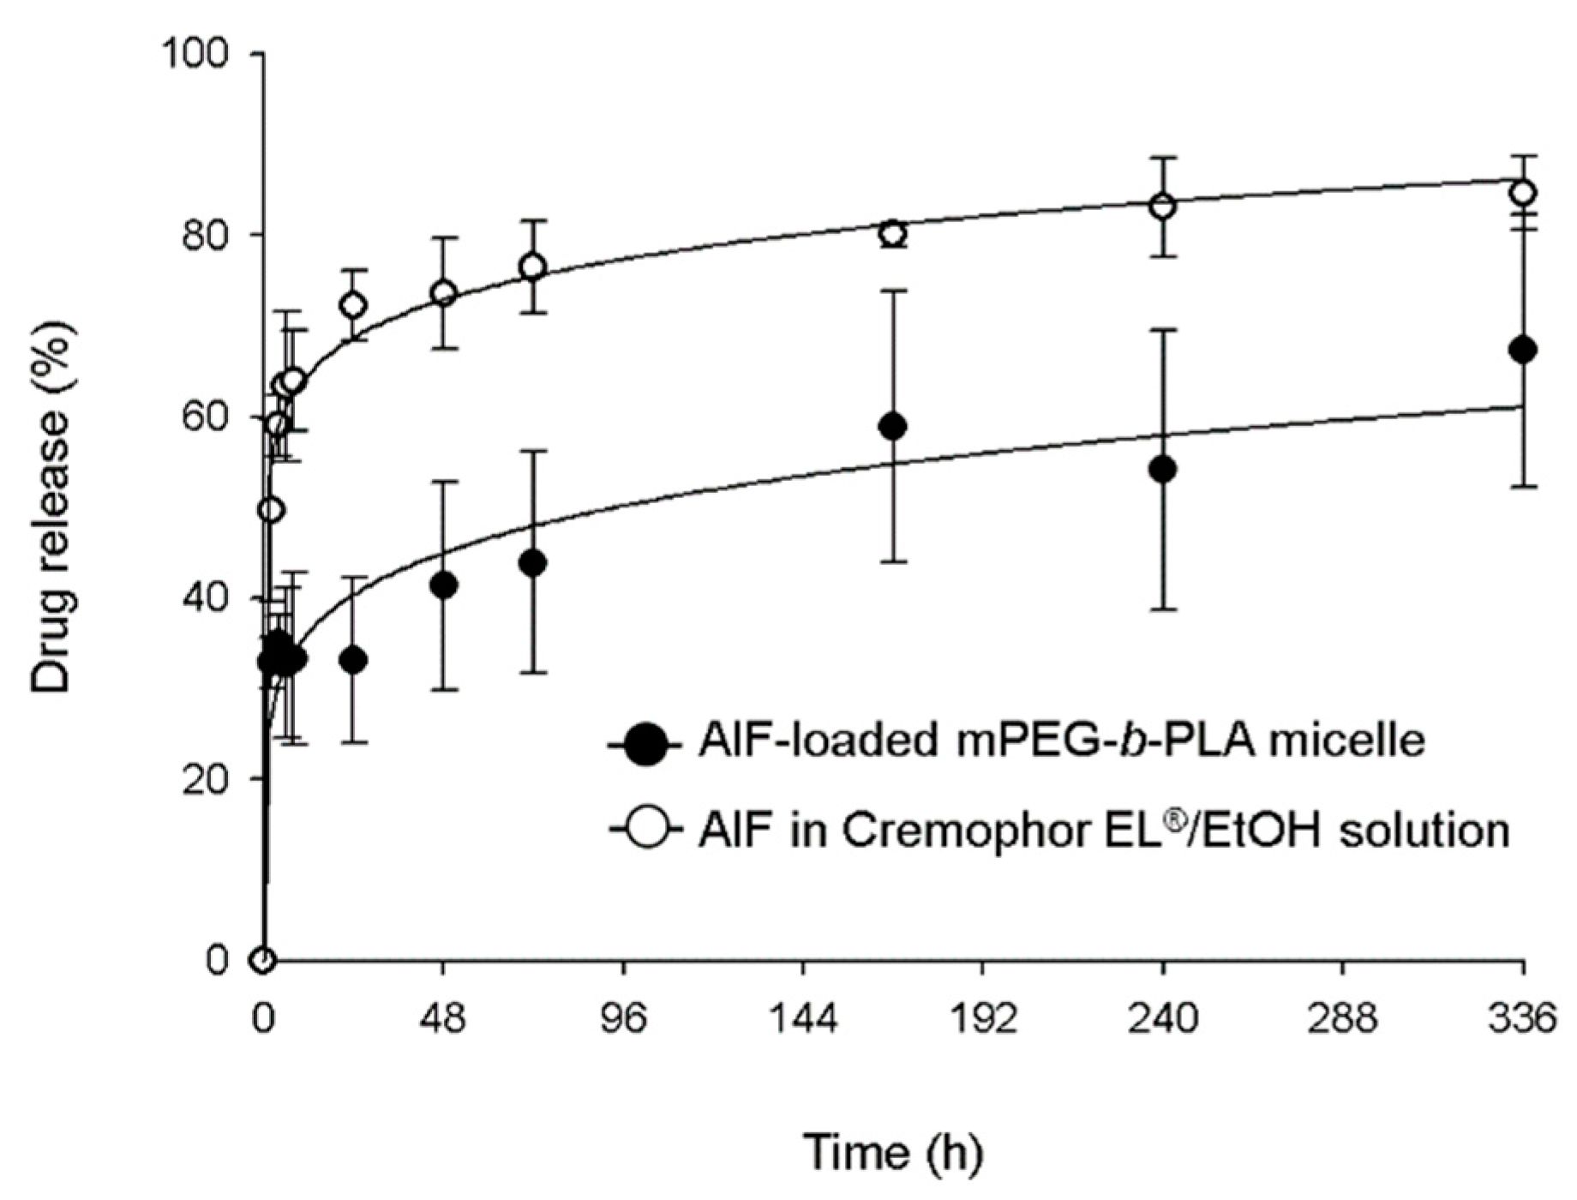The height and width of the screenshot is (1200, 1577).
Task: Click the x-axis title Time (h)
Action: pyautogui.click(x=892, y=1153)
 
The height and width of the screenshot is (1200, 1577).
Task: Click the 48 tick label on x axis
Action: pyautogui.click(x=443, y=1020)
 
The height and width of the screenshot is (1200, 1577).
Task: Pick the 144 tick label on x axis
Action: pyautogui.click(x=803, y=1020)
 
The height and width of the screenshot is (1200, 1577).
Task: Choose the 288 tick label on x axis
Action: pyautogui.click(x=1343, y=1020)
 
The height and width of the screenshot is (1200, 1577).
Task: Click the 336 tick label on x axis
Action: pyautogui.click(x=1522, y=1020)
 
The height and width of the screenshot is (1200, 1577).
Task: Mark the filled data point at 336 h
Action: pyautogui.click(x=1523, y=350)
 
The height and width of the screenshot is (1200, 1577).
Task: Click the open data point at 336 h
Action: pyautogui.click(x=1523, y=193)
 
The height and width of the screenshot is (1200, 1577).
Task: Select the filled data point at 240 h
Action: pyautogui.click(x=1163, y=470)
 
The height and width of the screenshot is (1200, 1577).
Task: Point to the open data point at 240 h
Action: pyautogui.click(x=1163, y=206)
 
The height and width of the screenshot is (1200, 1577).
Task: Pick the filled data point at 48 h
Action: pyautogui.click(x=443, y=586)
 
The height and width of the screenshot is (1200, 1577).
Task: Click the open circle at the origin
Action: pyautogui.click(x=263, y=960)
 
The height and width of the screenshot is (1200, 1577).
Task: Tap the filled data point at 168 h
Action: pyautogui.click(x=893, y=426)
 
